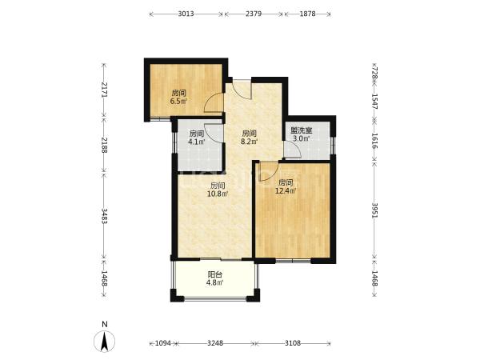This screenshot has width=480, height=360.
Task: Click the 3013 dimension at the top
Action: [x=186, y=14]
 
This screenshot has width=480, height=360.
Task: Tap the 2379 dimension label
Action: [x=254, y=14]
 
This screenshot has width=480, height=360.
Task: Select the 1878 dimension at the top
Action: [x=307, y=14]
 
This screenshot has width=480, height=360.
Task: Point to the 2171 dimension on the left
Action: [x=105, y=90]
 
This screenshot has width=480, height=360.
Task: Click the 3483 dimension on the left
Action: [x=105, y=216]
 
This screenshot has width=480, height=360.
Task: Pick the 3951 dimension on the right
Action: [x=374, y=210]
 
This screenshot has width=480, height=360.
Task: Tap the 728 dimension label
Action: [x=374, y=74]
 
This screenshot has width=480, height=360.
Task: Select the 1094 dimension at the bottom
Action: [x=162, y=343]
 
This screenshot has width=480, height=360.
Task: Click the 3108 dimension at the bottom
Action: [x=293, y=343]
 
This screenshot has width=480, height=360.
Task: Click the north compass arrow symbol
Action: [x=104, y=342]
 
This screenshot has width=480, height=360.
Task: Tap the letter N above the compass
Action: [x=105, y=324]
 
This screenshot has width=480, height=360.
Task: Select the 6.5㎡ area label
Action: [x=178, y=102]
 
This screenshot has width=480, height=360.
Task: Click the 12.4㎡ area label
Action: [x=286, y=191]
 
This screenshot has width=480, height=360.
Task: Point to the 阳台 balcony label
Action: [x=215, y=274]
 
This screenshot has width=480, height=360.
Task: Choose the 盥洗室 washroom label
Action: [x=302, y=130]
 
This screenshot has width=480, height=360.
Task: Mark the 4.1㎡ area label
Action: [x=197, y=142]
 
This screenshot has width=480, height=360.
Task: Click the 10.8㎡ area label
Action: [x=218, y=194]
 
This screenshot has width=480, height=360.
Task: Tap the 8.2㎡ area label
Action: [x=250, y=142]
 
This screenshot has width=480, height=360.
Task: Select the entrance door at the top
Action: [x=242, y=89]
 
